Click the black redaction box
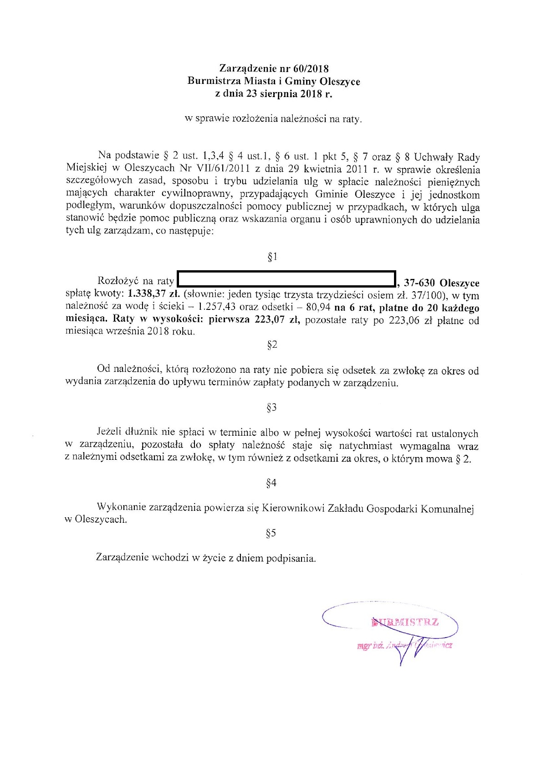click(286, 279)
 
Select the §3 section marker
click(271, 408)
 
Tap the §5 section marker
click(271, 533)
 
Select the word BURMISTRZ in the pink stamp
click(405, 623)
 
